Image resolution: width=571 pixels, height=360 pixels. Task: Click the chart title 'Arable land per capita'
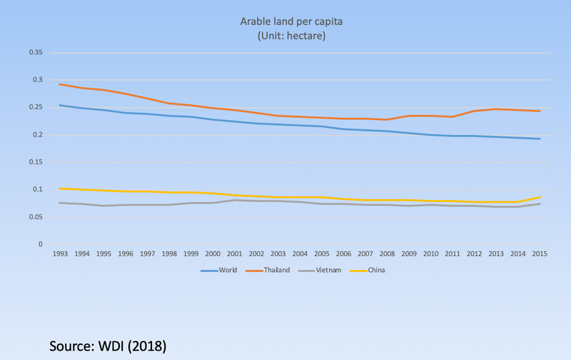[x=285, y=21]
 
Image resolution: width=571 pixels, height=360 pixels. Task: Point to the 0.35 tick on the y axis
[x=34, y=53]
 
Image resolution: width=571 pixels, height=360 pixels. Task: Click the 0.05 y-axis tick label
[x=34, y=217]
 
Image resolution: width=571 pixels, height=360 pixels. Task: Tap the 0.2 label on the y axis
[x=37, y=135]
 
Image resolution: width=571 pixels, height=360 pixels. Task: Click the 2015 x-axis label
[x=540, y=254]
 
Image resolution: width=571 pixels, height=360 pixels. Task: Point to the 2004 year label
[x=300, y=254]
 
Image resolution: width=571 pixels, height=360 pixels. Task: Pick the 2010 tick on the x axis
[x=430, y=254]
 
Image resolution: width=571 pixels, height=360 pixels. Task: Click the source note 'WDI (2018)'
[x=108, y=346]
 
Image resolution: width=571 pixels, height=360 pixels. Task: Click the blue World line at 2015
[x=540, y=139]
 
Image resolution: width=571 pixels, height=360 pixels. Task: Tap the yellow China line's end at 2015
[x=540, y=197]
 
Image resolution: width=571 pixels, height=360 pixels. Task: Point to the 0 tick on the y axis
[x=41, y=244]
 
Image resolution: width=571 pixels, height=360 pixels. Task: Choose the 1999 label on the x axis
[x=191, y=254]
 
